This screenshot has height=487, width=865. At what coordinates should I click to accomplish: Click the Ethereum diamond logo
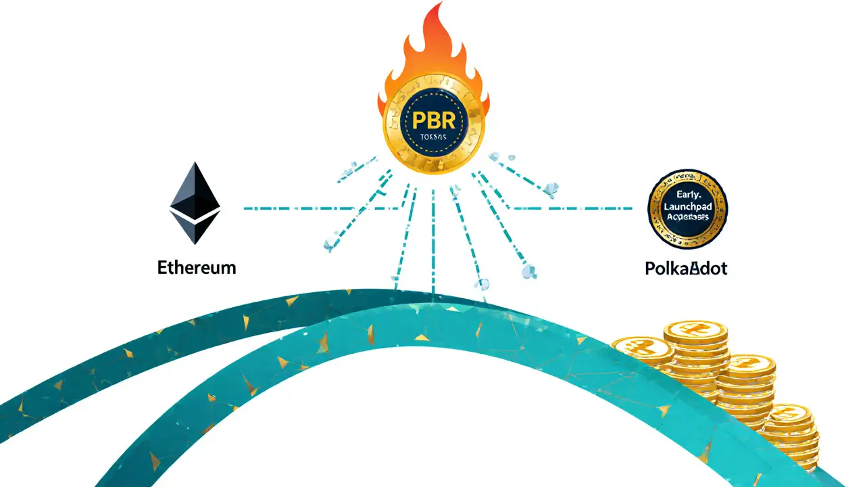pyautogui.click(x=195, y=203)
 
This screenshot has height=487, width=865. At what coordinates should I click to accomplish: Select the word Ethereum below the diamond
pyautogui.click(x=197, y=267)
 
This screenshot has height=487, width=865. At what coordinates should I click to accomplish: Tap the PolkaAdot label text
pyautogui.click(x=686, y=268)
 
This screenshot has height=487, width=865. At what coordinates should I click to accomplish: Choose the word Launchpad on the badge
pyautogui.click(x=687, y=206)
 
